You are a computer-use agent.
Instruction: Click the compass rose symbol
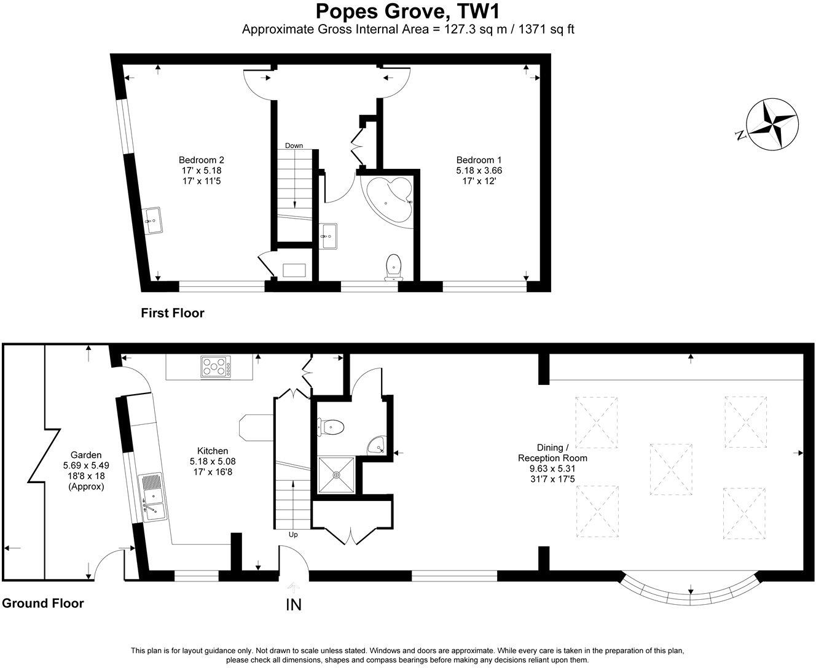click(771, 123)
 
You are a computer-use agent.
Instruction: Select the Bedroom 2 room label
click(202, 159)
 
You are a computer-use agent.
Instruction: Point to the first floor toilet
click(393, 268)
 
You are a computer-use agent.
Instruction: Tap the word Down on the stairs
click(293, 146)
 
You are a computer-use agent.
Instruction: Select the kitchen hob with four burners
click(216, 367)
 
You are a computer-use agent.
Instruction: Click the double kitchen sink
click(152, 497)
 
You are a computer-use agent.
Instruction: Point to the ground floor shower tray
click(336, 474)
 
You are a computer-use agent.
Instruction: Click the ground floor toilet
click(331, 426)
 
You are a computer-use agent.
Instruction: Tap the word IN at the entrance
click(294, 604)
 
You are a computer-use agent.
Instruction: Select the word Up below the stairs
click(293, 535)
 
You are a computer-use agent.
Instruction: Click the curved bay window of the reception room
click(690, 593)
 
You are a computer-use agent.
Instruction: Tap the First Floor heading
click(172, 313)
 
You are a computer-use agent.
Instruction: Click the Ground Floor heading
click(42, 603)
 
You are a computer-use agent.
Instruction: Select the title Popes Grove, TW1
click(408, 12)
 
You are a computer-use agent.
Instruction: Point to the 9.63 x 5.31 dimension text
click(552, 468)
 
